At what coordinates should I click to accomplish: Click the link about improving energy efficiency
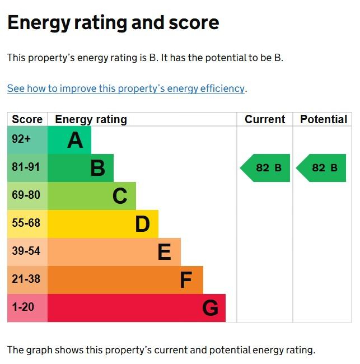coord(126,88)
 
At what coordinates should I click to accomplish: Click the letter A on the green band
coord(75,140)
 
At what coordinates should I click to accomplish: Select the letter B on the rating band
coord(97,168)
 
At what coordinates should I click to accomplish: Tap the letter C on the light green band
coord(120,196)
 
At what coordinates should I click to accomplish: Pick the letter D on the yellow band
coord(142,224)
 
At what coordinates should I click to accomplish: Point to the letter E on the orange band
coord(164,252)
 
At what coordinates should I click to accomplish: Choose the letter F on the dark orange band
coord(186,280)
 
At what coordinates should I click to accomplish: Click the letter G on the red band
coord(210,308)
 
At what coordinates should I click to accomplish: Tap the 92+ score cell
coord(21,139)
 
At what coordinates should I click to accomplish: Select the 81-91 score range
coord(26,167)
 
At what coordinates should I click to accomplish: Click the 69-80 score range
coord(26,195)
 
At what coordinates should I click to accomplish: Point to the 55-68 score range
coord(26,223)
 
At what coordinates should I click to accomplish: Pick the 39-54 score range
coord(26,251)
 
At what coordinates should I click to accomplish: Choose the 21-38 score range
coord(26,279)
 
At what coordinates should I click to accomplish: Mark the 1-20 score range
coord(23,307)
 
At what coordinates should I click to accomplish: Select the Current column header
coord(265,119)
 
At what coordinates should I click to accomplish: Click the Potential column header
coord(324,119)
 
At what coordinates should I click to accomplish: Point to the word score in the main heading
coord(194,23)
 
